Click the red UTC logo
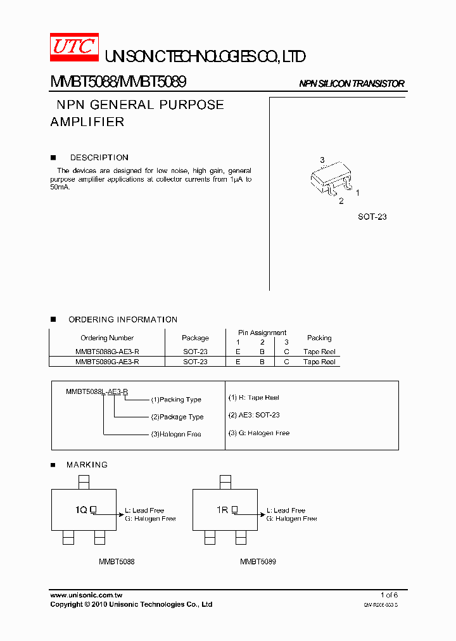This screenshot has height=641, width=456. [75, 47]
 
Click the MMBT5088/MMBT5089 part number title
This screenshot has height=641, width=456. [118, 82]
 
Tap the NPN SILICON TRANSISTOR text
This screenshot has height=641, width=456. [351, 84]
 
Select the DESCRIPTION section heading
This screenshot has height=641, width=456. [99, 158]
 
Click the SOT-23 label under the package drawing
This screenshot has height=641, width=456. [372, 217]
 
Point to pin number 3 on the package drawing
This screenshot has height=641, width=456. [322, 160]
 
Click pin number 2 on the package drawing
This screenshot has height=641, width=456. [341, 201]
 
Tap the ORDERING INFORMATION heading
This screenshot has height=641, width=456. [123, 319]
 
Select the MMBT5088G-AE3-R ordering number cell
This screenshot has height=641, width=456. [107, 352]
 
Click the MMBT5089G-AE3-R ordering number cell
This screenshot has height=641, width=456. [107, 362]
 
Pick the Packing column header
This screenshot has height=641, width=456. [319, 338]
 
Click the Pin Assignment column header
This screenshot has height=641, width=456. [262, 333]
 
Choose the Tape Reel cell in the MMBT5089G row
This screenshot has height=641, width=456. [319, 362]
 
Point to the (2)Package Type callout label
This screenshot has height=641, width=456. [177, 417]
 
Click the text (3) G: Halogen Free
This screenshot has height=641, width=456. [259, 433]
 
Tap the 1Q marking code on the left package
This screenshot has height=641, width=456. [81, 509]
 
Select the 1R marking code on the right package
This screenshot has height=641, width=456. [222, 509]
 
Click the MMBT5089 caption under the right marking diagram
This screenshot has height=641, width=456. [258, 562]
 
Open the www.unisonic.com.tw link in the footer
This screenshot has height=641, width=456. [86, 595]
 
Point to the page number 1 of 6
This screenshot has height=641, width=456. [389, 595]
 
